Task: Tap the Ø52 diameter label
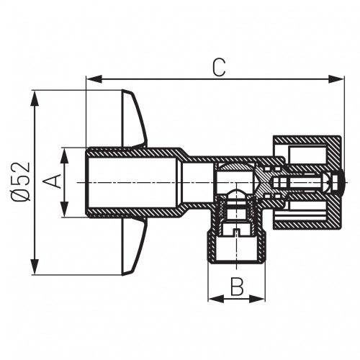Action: (22, 182)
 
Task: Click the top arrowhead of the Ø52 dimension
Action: (33, 95)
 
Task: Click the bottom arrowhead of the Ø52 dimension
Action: (33, 270)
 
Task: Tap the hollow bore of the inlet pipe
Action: (130, 183)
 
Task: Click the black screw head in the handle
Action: (338, 183)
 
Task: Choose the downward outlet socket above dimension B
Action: (236, 248)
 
